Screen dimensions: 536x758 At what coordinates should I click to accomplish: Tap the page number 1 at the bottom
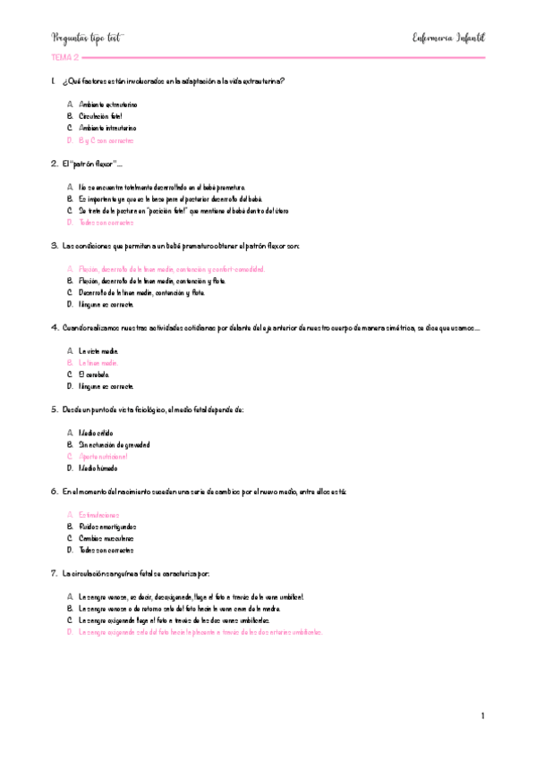482,715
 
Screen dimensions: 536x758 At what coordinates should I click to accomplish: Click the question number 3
55,245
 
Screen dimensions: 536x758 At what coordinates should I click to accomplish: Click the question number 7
55,573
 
